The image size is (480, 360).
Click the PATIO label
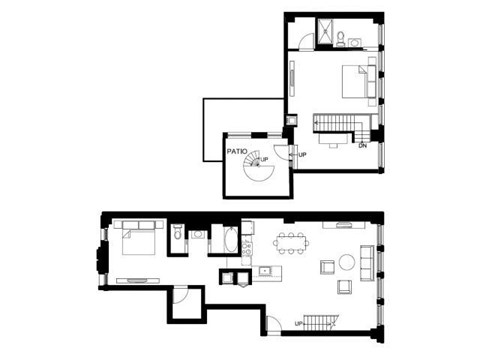click(x=236, y=152)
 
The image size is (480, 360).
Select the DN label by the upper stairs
click(x=362, y=146)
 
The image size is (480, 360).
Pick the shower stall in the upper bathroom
click(x=325, y=34)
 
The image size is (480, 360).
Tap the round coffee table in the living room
click(x=347, y=263)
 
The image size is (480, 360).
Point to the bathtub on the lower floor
click(x=228, y=241)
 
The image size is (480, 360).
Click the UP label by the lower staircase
click(x=298, y=323)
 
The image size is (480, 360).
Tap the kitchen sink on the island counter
click(x=264, y=271)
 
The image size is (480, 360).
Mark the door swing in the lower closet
click(x=179, y=295)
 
